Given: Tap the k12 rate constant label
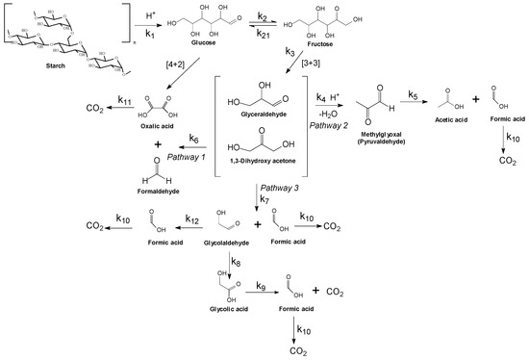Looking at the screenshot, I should click(x=193, y=220).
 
